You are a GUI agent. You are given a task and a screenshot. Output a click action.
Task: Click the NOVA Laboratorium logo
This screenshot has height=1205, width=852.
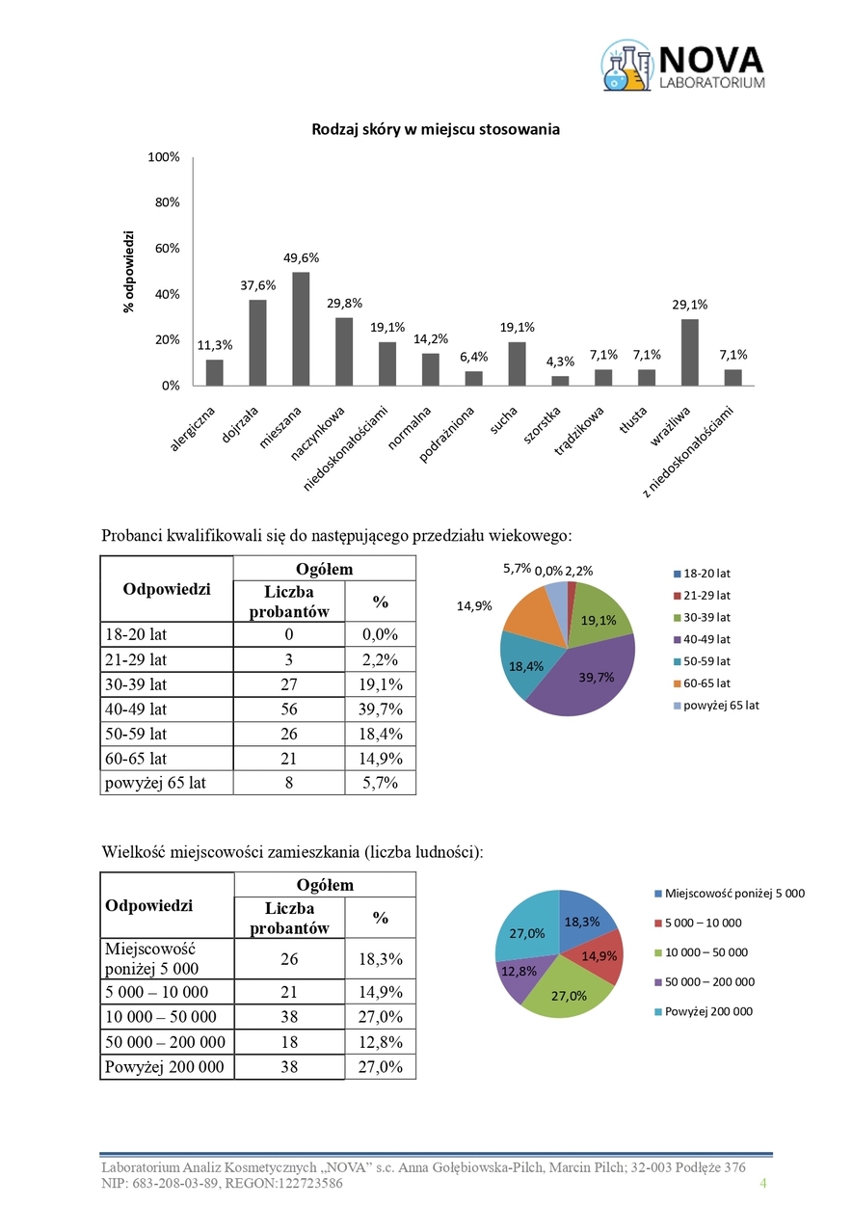(x=683, y=67)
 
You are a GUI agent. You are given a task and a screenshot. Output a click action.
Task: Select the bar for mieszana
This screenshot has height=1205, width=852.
(x=301, y=329)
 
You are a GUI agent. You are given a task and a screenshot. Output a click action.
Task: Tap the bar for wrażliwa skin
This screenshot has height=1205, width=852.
(x=689, y=352)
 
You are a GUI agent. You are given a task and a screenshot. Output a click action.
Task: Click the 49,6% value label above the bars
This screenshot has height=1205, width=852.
(x=301, y=258)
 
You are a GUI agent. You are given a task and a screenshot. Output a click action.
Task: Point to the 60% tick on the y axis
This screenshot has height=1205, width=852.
(x=167, y=248)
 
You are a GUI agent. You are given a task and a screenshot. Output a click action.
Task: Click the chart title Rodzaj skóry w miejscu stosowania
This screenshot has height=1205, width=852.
(x=435, y=129)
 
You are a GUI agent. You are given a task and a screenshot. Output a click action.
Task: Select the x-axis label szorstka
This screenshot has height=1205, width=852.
(x=544, y=425)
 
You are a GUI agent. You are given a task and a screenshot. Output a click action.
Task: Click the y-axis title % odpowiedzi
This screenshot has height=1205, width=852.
(x=128, y=271)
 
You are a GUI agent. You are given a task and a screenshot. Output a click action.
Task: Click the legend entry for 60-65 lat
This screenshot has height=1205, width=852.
(x=706, y=683)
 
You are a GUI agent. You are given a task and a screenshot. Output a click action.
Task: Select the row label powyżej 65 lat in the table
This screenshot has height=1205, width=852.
(x=154, y=783)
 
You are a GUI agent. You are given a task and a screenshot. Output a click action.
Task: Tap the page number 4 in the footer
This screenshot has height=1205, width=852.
(x=763, y=1183)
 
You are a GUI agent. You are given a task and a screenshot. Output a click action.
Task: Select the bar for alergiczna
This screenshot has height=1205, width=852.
(x=214, y=372)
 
